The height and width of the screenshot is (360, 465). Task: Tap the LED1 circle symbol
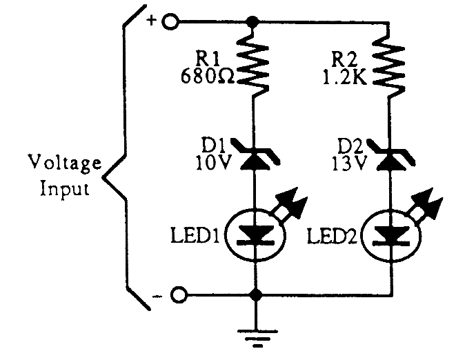pos(256,234)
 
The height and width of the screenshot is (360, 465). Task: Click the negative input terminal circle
pos(179,296)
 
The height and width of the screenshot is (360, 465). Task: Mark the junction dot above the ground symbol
pos(256,296)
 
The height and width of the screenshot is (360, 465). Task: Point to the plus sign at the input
pos(152,20)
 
